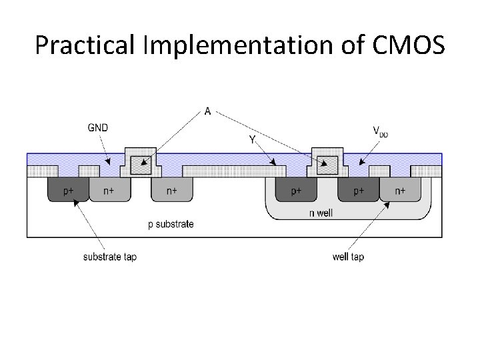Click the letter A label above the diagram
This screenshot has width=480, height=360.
point(207,111)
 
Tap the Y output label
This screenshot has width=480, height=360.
point(252,139)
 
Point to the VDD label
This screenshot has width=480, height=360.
point(380,131)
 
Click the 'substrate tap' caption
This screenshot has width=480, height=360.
point(110,257)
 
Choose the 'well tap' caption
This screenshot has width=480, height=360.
point(348,257)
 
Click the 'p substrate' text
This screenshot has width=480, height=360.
point(171,224)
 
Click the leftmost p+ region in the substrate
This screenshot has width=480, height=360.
point(68,191)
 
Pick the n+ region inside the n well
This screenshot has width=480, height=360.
point(399,191)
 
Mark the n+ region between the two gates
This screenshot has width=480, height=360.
point(171,191)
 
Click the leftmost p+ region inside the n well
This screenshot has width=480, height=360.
point(295,191)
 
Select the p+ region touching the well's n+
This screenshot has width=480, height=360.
point(359,191)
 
